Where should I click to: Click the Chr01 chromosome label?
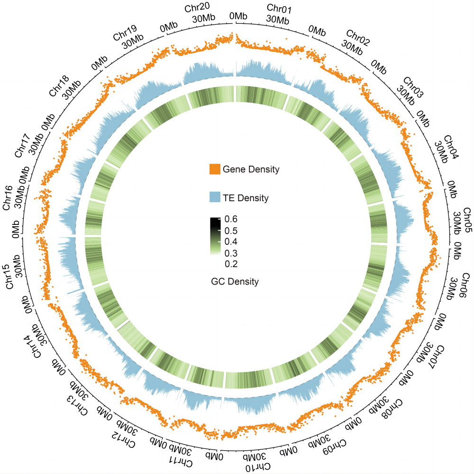280,8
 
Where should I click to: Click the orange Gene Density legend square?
215,169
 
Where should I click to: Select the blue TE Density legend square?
215,197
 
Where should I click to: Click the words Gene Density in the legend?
251,169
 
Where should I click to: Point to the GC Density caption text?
235,282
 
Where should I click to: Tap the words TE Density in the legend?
246,198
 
